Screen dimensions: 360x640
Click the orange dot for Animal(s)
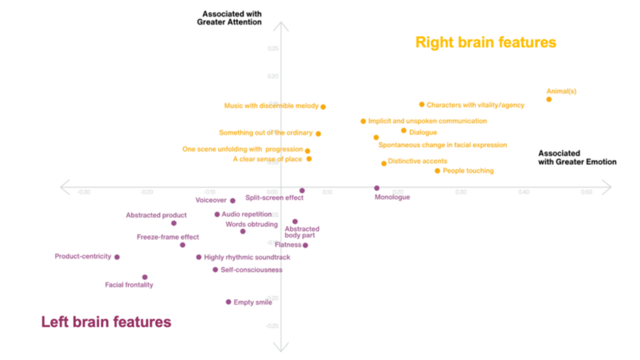[x=549, y=99]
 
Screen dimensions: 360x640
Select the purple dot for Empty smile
[x=228, y=302]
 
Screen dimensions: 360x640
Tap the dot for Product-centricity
[x=117, y=257]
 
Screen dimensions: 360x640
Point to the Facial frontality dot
[x=145, y=277]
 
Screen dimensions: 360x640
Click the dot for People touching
[x=437, y=171]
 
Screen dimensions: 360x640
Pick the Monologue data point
[x=377, y=188]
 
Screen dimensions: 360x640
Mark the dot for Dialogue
[x=404, y=131]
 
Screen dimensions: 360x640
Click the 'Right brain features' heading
[x=485, y=42]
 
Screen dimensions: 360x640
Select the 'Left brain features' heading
[x=106, y=322]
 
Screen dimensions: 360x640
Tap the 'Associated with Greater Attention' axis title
[x=231, y=18]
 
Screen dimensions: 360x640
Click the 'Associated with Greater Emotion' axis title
[x=577, y=157]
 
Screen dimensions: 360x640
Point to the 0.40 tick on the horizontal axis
[x=524, y=192]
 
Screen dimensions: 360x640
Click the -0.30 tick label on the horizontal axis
[x=83, y=192]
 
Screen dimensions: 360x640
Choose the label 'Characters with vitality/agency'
[x=475, y=105]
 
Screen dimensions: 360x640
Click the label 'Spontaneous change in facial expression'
[x=442, y=145]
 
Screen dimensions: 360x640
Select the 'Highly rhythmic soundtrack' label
[x=247, y=257]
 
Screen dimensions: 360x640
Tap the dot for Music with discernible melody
[x=323, y=107]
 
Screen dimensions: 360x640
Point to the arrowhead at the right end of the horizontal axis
[x=607, y=186]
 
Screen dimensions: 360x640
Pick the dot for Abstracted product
[x=174, y=223]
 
